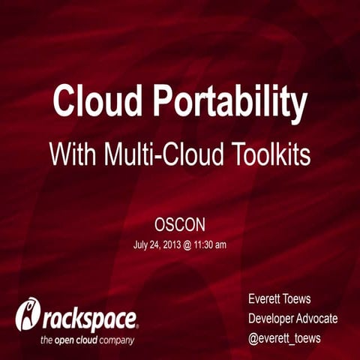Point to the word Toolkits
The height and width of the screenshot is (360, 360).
click(269, 154)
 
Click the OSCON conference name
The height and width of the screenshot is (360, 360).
click(179, 224)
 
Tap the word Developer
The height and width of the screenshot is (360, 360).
click(273, 319)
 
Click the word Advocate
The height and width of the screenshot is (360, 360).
click(319, 319)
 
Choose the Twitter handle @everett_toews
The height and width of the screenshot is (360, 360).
click(284, 338)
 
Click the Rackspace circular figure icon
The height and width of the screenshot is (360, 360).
click(28, 315)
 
